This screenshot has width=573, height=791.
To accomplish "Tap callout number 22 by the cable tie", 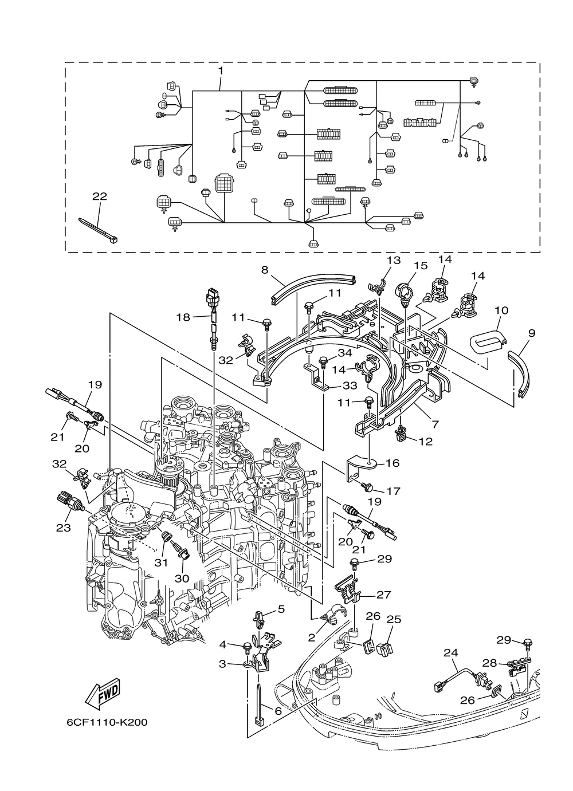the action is click(100, 196).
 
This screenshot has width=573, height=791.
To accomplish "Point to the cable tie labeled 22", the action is click(98, 230).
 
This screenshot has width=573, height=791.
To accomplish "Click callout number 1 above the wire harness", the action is click(221, 71).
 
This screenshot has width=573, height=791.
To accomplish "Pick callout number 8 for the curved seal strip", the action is click(265, 270).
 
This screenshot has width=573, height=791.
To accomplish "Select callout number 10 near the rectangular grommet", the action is click(501, 310).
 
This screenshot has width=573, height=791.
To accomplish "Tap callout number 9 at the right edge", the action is click(532, 333).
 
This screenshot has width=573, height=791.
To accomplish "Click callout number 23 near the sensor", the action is click(64, 537).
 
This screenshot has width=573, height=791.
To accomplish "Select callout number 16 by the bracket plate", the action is click(393, 463).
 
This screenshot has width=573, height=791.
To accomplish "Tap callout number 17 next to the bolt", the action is click(394, 491).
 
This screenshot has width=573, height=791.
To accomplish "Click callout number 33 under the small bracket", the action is click(350, 385).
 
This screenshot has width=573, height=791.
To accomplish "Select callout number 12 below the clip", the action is click(426, 442).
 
